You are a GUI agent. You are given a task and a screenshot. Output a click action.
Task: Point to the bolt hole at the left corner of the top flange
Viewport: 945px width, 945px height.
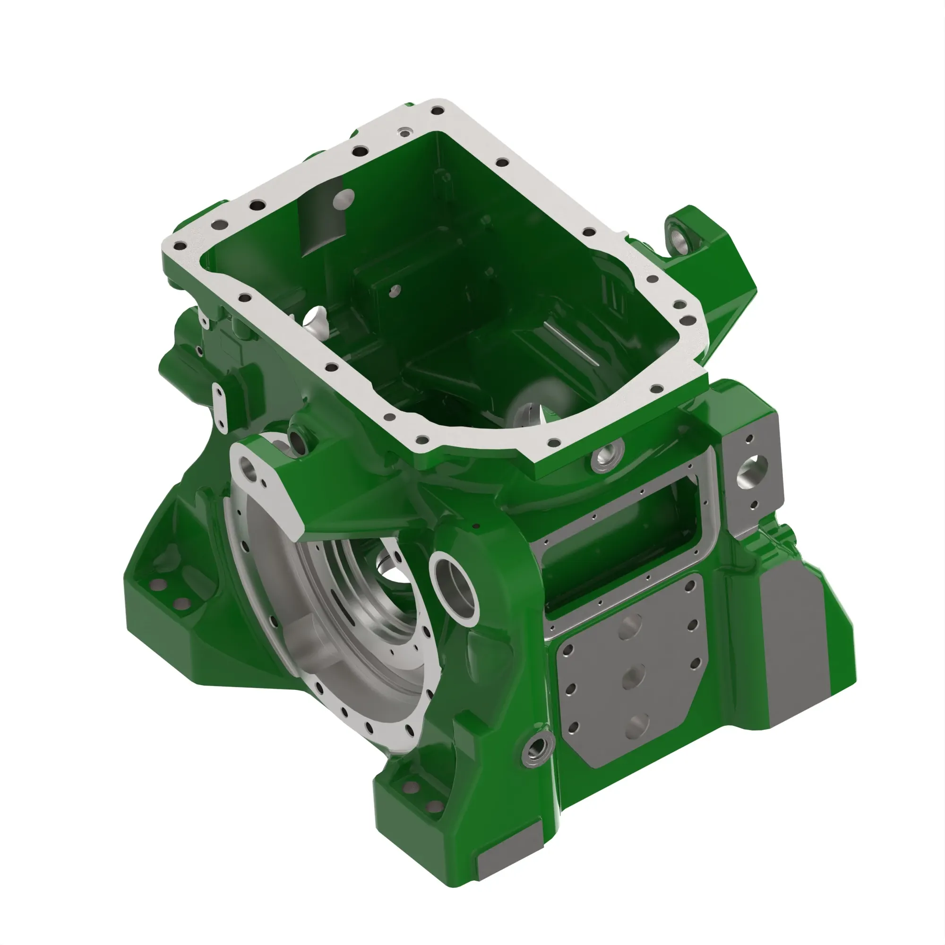pos(180,247)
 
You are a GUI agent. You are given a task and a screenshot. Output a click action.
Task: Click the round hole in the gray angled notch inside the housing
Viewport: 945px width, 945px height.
pos(345,198)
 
